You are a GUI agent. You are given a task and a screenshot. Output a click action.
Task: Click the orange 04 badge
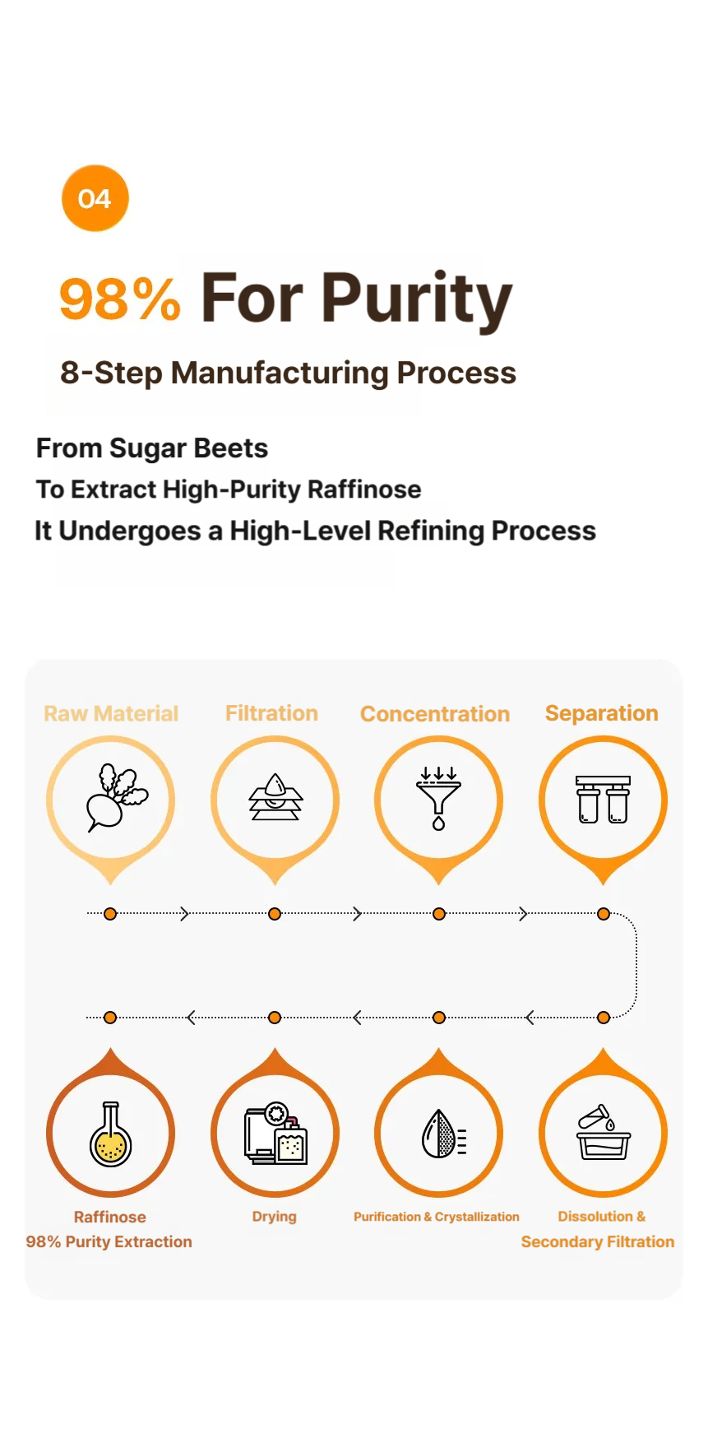[x=95, y=198]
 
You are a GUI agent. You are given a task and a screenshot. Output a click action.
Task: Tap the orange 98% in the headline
[x=120, y=299]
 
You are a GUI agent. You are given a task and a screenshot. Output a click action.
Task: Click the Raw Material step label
[x=111, y=713]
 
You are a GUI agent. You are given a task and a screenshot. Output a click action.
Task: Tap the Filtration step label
[x=272, y=713]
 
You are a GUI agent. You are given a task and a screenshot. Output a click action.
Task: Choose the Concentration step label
[x=435, y=714]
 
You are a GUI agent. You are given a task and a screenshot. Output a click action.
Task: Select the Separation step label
[x=602, y=713]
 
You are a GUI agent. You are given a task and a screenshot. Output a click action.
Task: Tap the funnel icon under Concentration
[x=439, y=798]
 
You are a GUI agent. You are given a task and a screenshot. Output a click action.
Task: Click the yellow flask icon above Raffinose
[x=110, y=1134]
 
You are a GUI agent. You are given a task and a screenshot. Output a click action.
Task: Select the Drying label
[x=275, y=1217]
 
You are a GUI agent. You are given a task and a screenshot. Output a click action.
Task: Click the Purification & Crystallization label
[x=437, y=1217]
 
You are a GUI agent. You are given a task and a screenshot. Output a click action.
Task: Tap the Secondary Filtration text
[x=598, y=1242]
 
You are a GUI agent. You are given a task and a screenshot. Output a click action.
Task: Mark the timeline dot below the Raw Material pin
[x=110, y=914]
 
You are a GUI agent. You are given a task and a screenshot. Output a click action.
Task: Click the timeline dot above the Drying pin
[x=275, y=1018]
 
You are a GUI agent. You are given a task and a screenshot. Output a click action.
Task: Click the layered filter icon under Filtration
[x=276, y=796]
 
